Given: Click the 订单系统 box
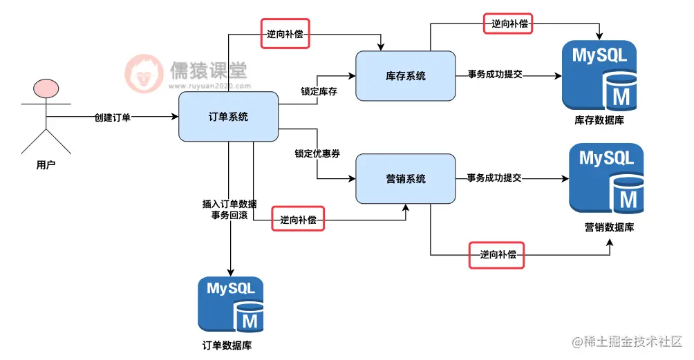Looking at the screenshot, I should [x=228, y=117].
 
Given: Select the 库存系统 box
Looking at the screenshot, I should [x=406, y=76].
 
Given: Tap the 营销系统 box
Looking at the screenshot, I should [x=406, y=178].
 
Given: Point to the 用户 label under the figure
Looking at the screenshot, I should [x=46, y=166].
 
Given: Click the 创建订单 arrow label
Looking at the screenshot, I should [x=112, y=117].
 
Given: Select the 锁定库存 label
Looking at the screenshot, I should [x=319, y=91].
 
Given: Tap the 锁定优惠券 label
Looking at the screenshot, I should [x=317, y=154].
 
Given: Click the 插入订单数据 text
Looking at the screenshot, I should [x=229, y=204].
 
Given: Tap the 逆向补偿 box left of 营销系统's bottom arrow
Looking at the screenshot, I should [x=298, y=220].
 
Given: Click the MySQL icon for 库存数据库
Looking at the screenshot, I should [x=599, y=75].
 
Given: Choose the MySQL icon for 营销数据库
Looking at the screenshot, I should [x=606, y=179].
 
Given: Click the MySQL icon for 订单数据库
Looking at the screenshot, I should [x=230, y=305].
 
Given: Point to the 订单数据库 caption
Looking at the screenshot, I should [x=231, y=345].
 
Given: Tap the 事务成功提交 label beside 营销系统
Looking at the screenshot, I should [x=494, y=178].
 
